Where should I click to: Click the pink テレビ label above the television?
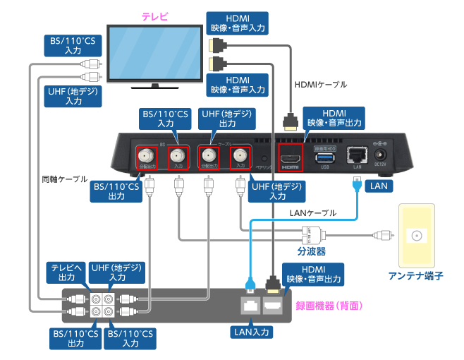[x=154, y=16]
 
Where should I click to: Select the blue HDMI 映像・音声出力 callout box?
[x=333, y=118]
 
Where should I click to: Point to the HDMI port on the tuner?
[x=291, y=157]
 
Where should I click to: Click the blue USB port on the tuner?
[x=324, y=156]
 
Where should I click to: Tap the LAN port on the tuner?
[x=357, y=156]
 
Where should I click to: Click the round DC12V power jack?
[x=384, y=155]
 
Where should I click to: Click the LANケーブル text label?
[x=313, y=212]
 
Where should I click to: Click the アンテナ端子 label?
[x=418, y=277]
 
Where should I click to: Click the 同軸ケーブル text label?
[x=65, y=179]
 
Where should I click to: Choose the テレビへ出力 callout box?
[x=67, y=273]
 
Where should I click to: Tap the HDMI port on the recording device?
[x=273, y=305]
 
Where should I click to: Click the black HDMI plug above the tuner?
[x=290, y=121]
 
